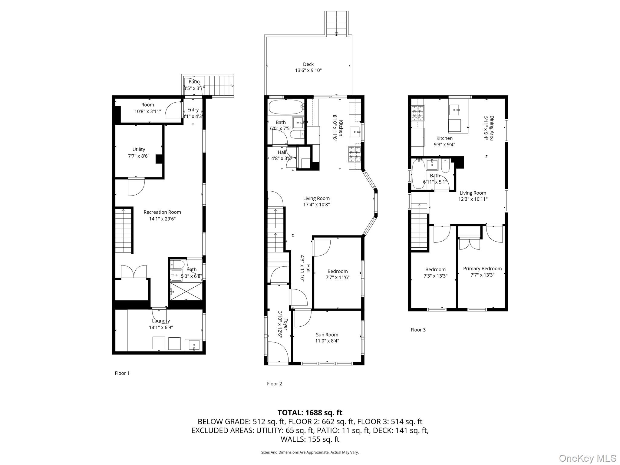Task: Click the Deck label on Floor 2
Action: point(308,64)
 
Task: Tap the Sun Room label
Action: point(327,335)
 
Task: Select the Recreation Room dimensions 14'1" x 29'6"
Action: point(162,219)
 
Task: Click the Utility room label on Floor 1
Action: point(139,149)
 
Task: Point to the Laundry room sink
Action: point(194,345)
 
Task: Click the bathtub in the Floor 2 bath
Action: point(286,107)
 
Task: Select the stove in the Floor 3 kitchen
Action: point(418,113)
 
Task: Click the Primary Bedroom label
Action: point(482,269)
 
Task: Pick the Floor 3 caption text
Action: point(418,330)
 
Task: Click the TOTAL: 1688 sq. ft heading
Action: point(310,413)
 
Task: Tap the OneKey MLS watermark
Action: point(587,458)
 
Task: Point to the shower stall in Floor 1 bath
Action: point(186,291)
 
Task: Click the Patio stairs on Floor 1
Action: point(219,86)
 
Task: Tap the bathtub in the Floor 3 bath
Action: point(417,174)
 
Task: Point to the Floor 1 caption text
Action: point(122,373)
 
